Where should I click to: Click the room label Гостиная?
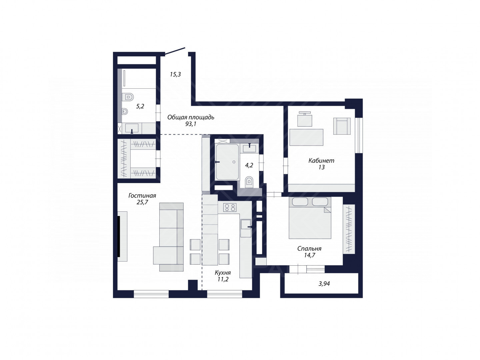(x=142, y=195)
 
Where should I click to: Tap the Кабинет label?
(x=321, y=161)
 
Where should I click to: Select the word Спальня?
(x=309, y=249)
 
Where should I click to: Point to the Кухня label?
(x=223, y=273)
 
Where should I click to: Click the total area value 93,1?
(x=191, y=124)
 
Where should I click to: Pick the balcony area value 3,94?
(x=324, y=284)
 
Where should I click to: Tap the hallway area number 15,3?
(x=175, y=75)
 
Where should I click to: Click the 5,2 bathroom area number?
(x=140, y=106)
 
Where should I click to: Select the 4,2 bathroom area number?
(x=249, y=165)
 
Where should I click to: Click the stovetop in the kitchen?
(x=230, y=207)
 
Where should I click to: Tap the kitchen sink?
(x=246, y=228)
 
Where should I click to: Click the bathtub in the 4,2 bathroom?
(x=227, y=162)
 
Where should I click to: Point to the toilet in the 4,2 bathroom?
(x=249, y=182)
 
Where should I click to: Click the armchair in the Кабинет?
(x=342, y=126)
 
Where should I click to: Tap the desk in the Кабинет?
(x=306, y=137)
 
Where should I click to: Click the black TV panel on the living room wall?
(x=119, y=236)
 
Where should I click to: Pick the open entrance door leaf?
(x=175, y=51)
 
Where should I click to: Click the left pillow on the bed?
(x=300, y=202)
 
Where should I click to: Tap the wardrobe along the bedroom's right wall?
(x=349, y=229)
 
